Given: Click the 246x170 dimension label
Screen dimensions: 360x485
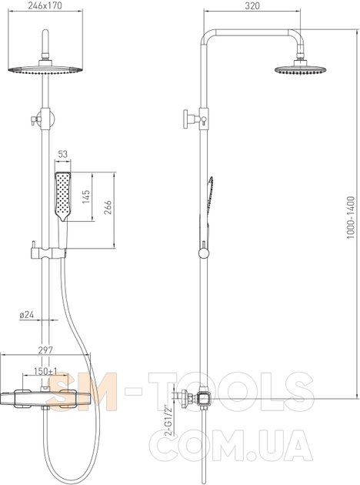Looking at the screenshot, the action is (x=45, y=5).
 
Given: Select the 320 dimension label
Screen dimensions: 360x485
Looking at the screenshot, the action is (x=252, y=6).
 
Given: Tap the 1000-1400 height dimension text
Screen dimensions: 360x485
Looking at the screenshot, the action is (x=351, y=217).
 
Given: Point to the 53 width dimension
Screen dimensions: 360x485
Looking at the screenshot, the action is (x=63, y=154).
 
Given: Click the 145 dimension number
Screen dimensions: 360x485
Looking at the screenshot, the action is (x=86, y=197).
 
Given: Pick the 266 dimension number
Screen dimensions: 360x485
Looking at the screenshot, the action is (x=108, y=207).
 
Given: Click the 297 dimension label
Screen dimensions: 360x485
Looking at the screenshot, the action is (x=45, y=350).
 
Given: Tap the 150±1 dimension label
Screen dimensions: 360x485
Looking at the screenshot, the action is (x=45, y=371).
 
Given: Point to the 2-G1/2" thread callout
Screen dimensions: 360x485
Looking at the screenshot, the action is (x=170, y=420).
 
